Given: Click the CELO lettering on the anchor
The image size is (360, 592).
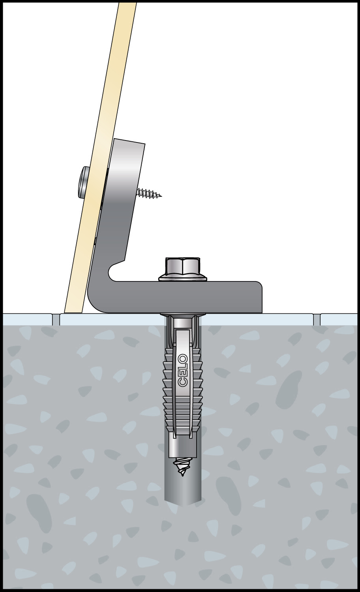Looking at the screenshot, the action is pyautogui.click(x=182, y=370).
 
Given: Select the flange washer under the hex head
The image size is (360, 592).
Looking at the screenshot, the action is pyautogui.click(x=183, y=278).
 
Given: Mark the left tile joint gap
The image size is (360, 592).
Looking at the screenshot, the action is pyautogui.click(x=56, y=320).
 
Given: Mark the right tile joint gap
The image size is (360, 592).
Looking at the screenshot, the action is pyautogui.click(x=317, y=320).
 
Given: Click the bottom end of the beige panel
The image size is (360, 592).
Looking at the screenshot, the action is pyautogui.click(x=74, y=312).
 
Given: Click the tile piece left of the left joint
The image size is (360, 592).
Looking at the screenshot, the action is pyautogui.click(x=28, y=320).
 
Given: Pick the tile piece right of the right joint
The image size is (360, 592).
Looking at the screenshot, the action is pyautogui.click(x=339, y=320).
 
